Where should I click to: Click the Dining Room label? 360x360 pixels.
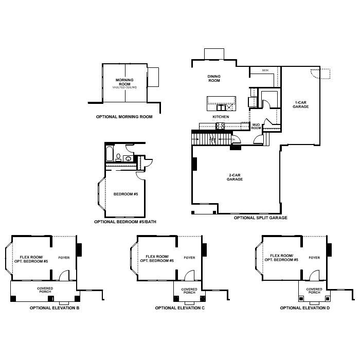[x=214, y=78]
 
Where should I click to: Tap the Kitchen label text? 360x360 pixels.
[x=221, y=117]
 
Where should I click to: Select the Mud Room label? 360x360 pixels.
[x=256, y=126]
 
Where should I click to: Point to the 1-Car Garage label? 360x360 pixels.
[x=301, y=104]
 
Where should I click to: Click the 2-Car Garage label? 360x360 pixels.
[x=235, y=177]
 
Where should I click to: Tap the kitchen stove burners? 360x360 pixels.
[x=221, y=125]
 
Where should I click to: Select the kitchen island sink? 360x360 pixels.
[x=222, y=107]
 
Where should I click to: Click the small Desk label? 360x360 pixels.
[x=265, y=70]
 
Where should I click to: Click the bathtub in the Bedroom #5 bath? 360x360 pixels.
[x=109, y=153]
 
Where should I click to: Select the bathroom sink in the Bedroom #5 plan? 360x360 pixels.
[x=127, y=159]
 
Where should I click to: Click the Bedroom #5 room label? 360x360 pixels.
[x=126, y=194]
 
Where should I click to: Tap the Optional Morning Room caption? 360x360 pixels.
[x=124, y=117]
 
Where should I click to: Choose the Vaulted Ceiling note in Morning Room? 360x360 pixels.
[x=124, y=88]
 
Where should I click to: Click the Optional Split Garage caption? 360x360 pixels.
[x=260, y=218]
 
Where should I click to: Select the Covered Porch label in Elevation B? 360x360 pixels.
[x=45, y=290]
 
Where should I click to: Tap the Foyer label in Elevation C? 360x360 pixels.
[x=189, y=258]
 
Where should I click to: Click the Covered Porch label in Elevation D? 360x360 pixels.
[x=314, y=291]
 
